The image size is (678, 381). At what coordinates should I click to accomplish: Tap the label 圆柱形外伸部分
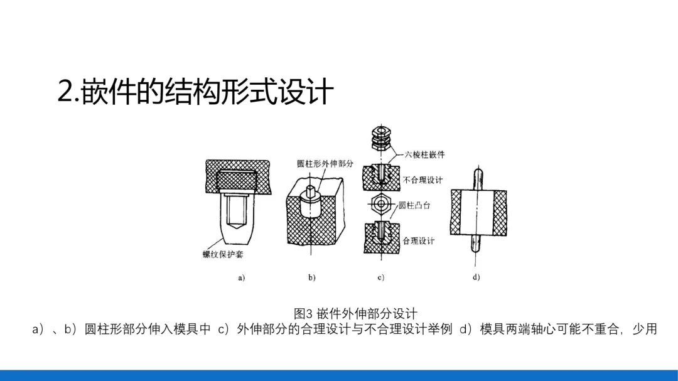325,164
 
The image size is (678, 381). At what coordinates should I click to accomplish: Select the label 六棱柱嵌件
420,155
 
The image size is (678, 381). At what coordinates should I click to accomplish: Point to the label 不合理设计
422,180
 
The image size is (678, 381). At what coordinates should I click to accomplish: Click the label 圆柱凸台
414,205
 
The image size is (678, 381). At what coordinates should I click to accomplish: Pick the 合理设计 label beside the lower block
418,240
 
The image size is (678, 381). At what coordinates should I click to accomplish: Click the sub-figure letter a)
241,277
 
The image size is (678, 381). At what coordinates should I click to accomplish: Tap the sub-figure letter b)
311,277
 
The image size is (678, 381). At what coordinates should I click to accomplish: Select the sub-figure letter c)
380,277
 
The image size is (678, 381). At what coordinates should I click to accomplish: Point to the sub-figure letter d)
476,277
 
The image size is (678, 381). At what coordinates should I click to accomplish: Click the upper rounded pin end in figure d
476,175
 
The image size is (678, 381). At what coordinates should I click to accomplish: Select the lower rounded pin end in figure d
476,247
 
